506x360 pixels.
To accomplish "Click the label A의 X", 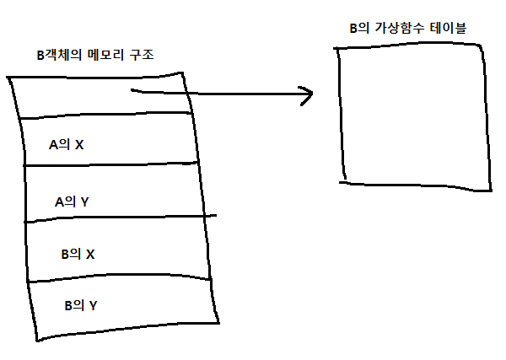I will tap(66, 144).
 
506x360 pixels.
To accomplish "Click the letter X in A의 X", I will tap(79, 144).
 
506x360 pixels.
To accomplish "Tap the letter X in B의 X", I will tap(91, 253).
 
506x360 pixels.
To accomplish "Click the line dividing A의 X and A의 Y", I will tap(110, 164).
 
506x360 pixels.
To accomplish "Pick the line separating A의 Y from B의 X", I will tap(118, 218).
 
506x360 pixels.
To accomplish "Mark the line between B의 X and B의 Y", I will tap(118, 277).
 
